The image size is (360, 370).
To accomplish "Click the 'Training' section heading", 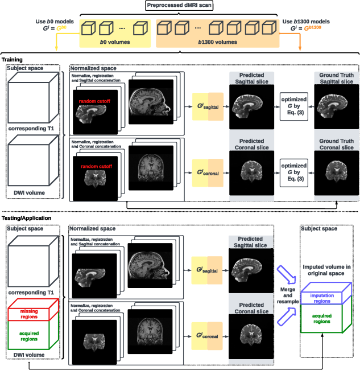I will pyautogui.click(x=13, y=59).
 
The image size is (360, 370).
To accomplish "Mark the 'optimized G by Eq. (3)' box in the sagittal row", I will pyautogui.click(x=293, y=106).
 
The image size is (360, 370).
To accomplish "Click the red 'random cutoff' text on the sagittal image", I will pyautogui.click(x=96, y=101).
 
